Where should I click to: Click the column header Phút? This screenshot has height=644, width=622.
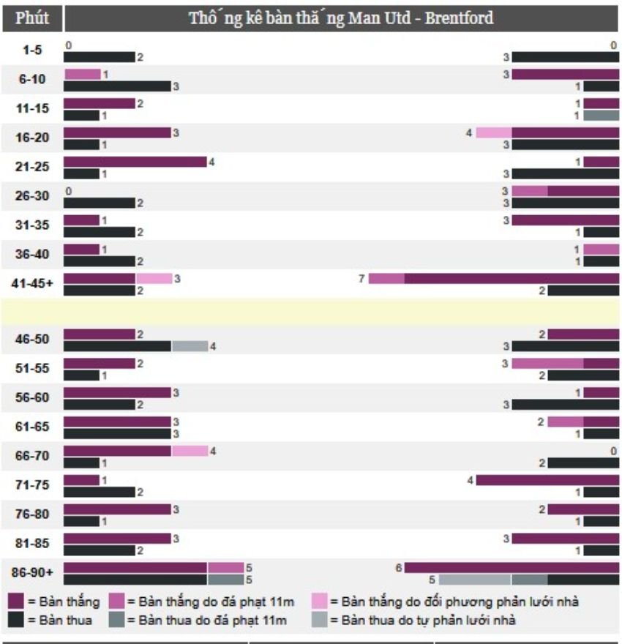(x=32, y=18)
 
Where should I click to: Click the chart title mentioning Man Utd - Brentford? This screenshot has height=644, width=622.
(x=341, y=18)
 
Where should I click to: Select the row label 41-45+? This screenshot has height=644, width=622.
(x=32, y=284)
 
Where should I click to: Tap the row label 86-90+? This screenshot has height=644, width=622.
(x=32, y=573)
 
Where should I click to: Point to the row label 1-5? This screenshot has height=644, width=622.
(x=32, y=51)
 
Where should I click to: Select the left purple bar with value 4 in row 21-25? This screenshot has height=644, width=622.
(x=135, y=162)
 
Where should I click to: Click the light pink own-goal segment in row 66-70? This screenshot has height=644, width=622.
(x=190, y=452)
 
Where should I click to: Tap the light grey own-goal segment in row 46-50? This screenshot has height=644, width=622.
(x=190, y=346)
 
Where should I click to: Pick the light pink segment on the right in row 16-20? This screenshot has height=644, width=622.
(x=494, y=133)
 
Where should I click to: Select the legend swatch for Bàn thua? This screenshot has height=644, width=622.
(x=17, y=621)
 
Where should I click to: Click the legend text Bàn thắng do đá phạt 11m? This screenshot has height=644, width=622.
(x=211, y=602)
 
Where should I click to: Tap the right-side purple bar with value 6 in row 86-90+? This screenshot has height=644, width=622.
(x=512, y=568)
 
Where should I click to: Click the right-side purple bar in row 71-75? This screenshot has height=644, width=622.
(x=547, y=481)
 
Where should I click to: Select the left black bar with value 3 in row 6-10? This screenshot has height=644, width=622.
(x=117, y=86)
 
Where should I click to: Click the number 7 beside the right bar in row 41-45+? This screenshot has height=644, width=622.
(x=361, y=279)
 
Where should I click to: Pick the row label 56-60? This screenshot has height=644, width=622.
(x=32, y=398)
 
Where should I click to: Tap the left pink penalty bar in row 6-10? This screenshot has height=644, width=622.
(x=82, y=75)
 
